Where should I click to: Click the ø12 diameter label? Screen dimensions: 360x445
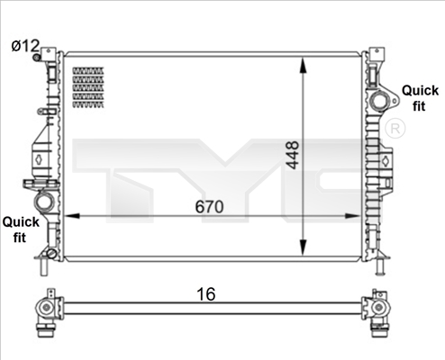point(26,45)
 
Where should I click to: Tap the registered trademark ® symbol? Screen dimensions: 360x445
point(394,130)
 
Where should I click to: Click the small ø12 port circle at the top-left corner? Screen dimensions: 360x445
point(38,58)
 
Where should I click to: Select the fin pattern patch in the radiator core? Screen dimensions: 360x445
point(88,87)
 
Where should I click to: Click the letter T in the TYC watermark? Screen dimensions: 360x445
point(117,166)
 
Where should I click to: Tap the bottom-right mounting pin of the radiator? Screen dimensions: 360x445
point(381,266)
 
